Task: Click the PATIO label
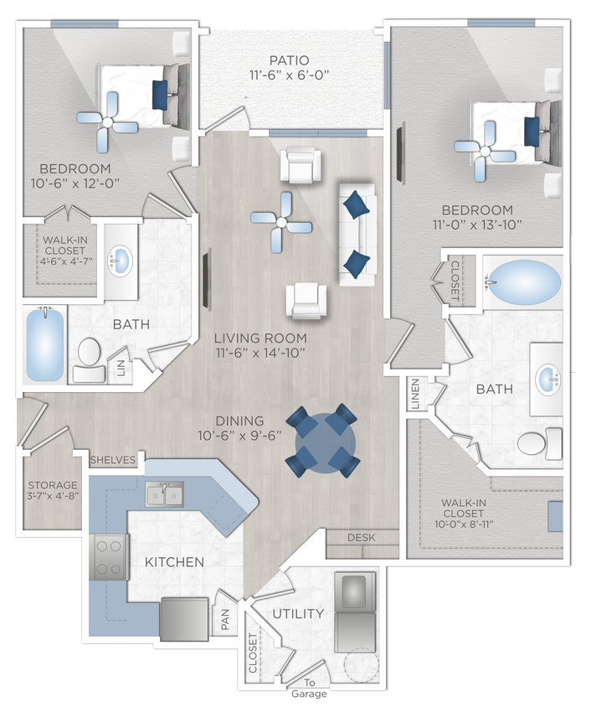coord(289,60)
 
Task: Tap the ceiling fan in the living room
coord(281,222)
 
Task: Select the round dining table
coord(323,441)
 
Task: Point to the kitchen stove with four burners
coord(109,556)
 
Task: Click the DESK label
coord(360,538)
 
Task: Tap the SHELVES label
coord(112,460)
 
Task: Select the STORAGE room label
coord(52,485)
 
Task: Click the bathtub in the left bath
coord(44,345)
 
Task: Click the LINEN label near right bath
coord(415,393)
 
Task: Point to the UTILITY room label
coord(297,614)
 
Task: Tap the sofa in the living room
coord(357,231)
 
